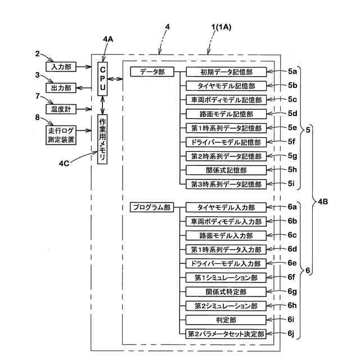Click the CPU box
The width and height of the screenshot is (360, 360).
[x=102, y=79]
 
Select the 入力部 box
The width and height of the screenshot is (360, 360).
[x=61, y=67]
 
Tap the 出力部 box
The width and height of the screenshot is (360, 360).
[x=61, y=88]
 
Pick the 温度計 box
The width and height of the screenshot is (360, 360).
[x=61, y=109]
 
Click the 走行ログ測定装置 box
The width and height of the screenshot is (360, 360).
[x=61, y=135]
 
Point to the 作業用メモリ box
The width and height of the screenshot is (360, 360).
[x=102, y=139]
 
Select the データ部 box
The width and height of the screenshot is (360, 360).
[x=152, y=71]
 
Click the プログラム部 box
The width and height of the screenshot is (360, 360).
[x=152, y=208]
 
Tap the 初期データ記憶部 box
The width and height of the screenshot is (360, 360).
[x=226, y=72]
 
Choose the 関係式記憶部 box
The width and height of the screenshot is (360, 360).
[x=226, y=170]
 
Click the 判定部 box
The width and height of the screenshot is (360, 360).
[x=226, y=320]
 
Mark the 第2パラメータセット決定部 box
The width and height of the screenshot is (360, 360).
[x=226, y=334]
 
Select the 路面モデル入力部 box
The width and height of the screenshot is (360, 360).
[x=226, y=236]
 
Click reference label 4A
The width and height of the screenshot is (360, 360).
[x=108, y=39]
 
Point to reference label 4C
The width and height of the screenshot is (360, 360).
[x=64, y=164]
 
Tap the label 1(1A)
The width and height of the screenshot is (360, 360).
[x=221, y=28]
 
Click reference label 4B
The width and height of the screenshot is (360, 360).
[x=322, y=202]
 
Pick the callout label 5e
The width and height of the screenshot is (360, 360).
[x=292, y=128]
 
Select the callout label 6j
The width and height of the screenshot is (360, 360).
[x=291, y=334]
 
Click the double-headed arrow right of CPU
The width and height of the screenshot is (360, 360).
[x=115, y=79]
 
